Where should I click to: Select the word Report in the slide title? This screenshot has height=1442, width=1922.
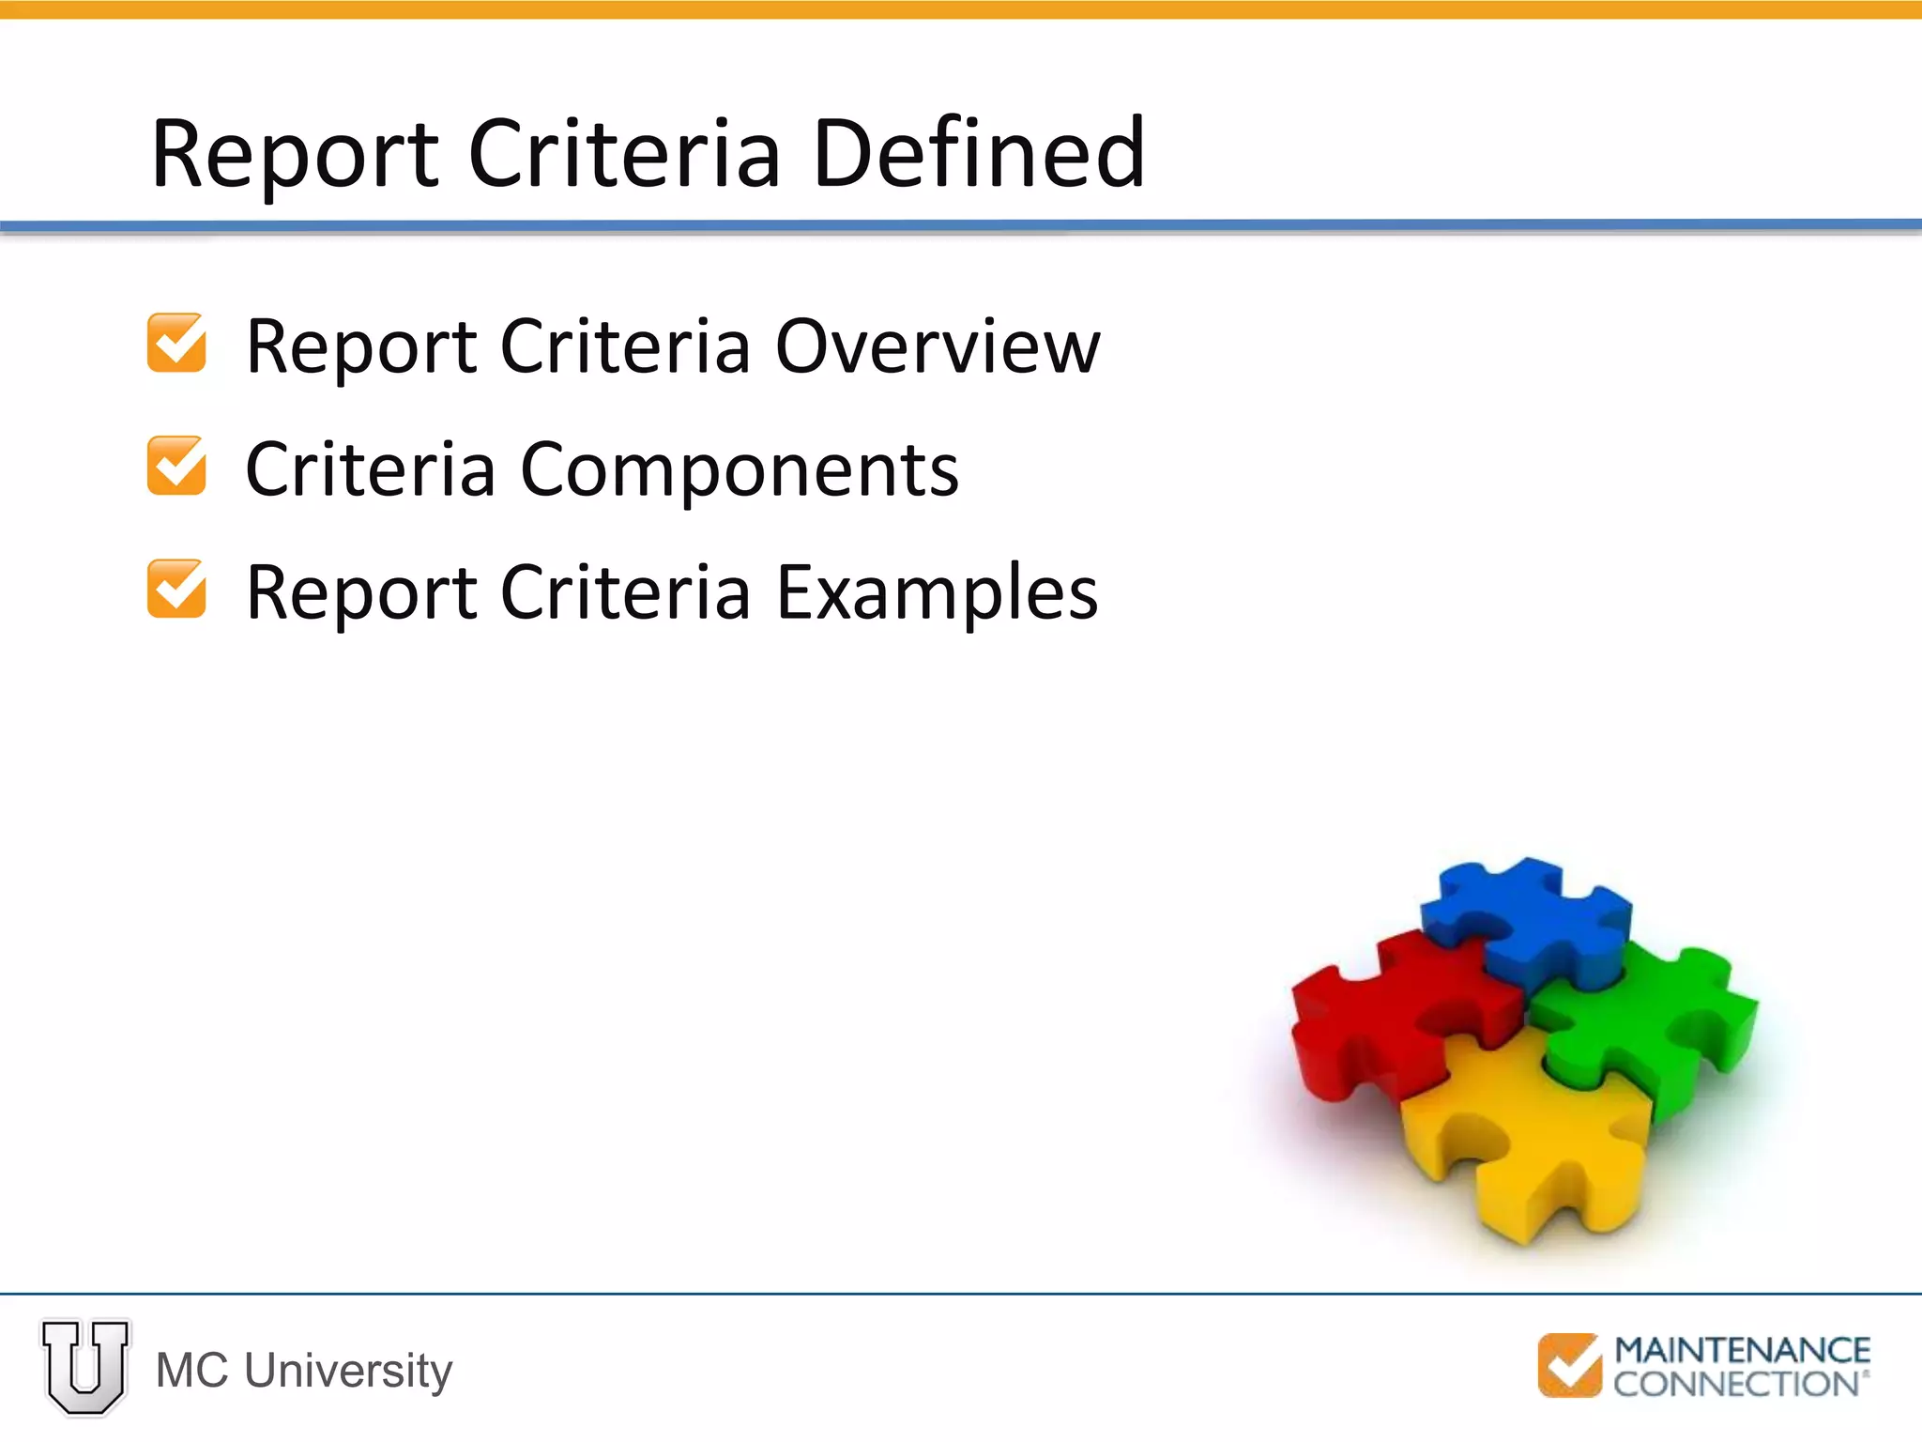[x=295, y=155]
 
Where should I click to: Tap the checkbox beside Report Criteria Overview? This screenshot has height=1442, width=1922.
[x=176, y=343]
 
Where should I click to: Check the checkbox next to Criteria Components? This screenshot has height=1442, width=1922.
[x=176, y=466]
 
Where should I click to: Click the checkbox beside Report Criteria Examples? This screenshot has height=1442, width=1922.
[x=176, y=589]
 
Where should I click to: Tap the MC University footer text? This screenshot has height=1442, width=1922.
[x=304, y=1371]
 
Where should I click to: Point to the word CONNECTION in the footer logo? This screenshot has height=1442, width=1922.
[x=1736, y=1384]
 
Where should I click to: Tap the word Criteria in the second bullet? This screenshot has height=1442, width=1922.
[x=370, y=469]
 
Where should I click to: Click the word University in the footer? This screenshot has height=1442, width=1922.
[x=348, y=1371]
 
